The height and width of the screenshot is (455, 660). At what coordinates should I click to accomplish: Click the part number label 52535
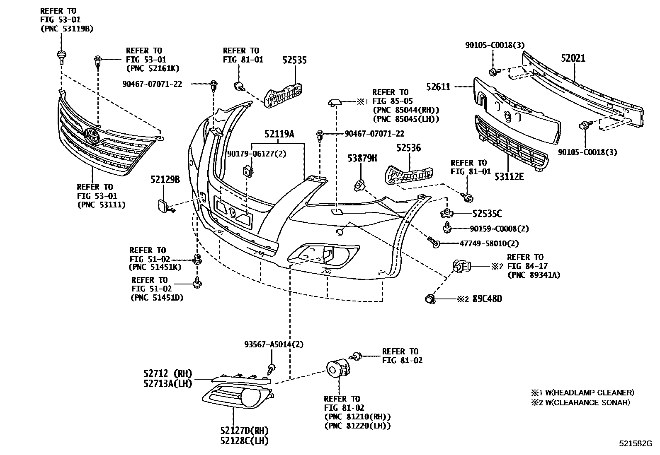(x=294, y=60)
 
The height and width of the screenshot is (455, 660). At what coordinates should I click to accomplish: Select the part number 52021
(x=573, y=58)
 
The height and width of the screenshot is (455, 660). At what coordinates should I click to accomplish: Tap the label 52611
(x=438, y=87)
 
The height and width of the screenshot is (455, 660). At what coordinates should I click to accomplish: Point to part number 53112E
(x=509, y=177)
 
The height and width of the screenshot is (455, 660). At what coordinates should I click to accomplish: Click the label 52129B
(x=165, y=180)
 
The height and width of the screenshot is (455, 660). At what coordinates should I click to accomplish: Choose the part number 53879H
(x=362, y=158)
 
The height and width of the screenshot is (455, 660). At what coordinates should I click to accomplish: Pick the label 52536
(x=408, y=148)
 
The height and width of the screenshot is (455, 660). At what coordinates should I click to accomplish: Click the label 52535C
(x=487, y=214)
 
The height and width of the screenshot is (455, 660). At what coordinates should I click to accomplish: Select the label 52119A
(x=279, y=134)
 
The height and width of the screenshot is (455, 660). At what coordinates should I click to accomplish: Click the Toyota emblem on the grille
(x=92, y=135)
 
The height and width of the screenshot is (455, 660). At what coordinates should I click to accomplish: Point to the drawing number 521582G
(x=636, y=443)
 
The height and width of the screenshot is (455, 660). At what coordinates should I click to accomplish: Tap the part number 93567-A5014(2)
(x=274, y=344)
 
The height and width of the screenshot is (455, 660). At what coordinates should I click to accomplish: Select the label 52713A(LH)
(x=168, y=383)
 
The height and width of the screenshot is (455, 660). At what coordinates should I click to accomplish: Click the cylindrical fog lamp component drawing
(x=337, y=368)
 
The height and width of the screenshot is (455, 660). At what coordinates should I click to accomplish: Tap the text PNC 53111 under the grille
(x=101, y=205)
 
